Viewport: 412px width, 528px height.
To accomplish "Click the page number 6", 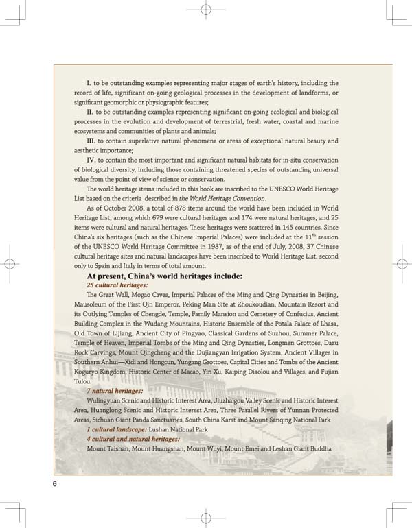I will tap(54, 483).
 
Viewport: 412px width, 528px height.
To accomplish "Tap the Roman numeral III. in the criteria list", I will tap(91, 141).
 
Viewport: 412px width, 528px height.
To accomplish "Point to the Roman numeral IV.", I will tap(91, 160).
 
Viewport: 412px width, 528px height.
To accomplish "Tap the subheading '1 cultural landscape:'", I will tap(114, 429).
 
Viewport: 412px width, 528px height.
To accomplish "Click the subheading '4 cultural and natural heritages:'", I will tap(133, 438).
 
